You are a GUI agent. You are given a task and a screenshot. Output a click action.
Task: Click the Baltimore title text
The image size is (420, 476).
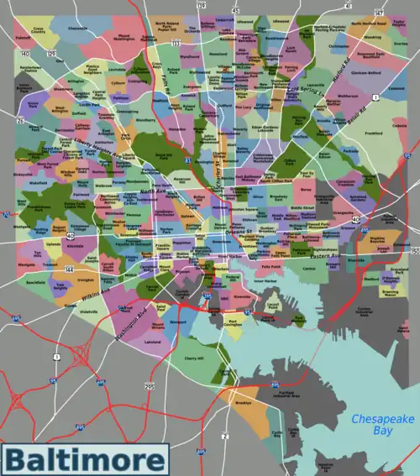click(84, 461)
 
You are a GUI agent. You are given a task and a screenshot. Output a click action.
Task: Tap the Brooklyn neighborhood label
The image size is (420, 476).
click(244, 402)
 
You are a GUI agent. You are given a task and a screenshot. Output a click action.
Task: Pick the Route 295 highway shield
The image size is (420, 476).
click(150, 385)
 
